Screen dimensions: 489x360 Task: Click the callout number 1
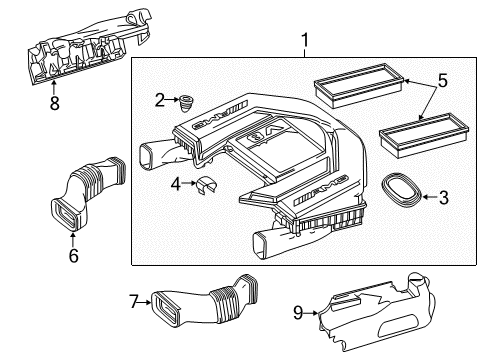[x=305, y=41]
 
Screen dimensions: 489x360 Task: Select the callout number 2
[x=160, y=100]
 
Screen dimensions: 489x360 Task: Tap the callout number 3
[x=444, y=197]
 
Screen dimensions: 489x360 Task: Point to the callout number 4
[x=176, y=184]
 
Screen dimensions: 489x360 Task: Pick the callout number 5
[x=442, y=81]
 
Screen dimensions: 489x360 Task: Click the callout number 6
[x=73, y=256]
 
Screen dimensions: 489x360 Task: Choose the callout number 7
[x=134, y=302]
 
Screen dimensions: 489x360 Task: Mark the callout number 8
[x=55, y=103]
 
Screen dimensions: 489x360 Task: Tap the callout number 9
[x=298, y=313]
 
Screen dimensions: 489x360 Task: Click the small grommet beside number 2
[x=186, y=104]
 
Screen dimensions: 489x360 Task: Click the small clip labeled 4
[x=205, y=185]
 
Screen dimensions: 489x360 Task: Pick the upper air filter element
[x=359, y=85]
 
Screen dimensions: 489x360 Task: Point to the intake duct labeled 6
[x=87, y=192]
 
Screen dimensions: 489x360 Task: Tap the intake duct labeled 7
[x=204, y=300]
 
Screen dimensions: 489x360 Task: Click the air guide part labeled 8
[x=89, y=47]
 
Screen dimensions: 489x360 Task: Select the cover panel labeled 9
[x=377, y=313]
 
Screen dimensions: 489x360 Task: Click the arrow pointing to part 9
[x=311, y=313]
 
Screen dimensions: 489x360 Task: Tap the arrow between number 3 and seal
[x=430, y=197]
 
